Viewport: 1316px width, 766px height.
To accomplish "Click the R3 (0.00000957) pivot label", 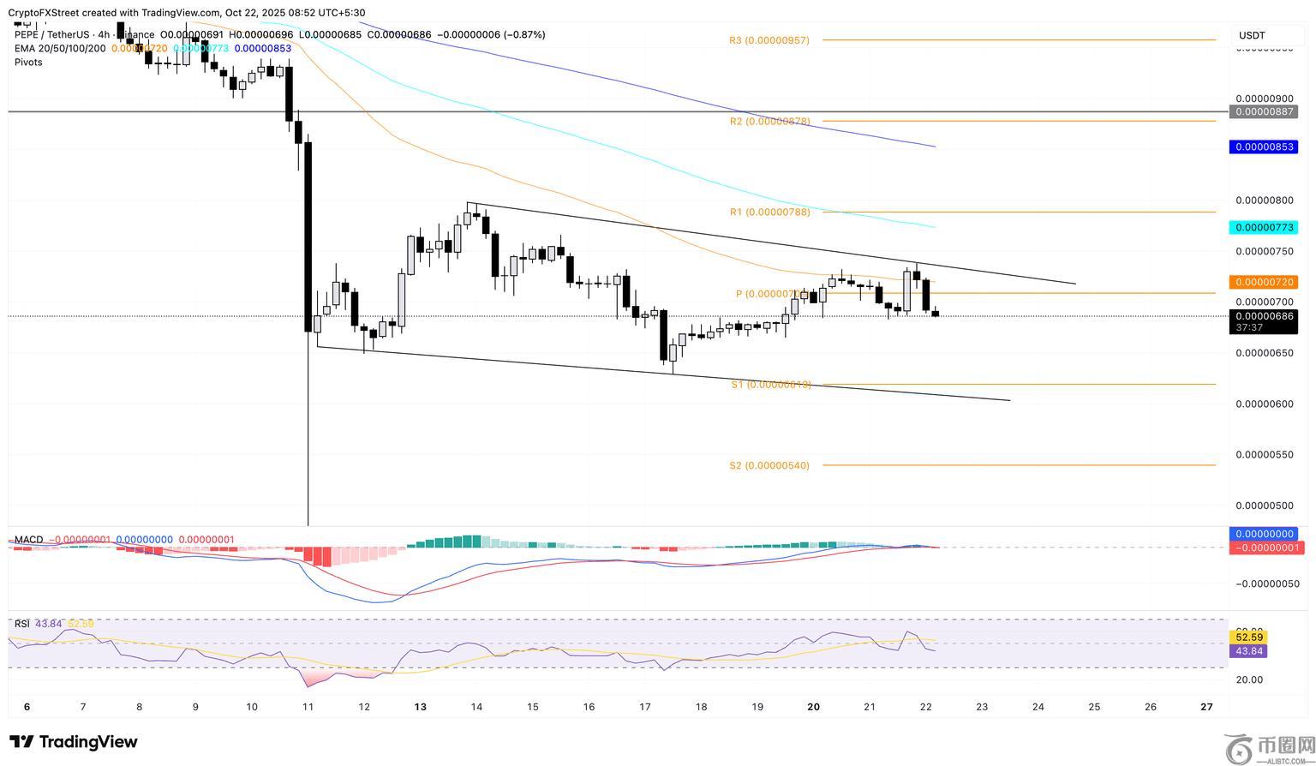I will pos(769,40).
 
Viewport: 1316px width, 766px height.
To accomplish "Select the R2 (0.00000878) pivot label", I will pos(769,122).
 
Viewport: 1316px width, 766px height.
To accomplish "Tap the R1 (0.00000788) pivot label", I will pos(769,212).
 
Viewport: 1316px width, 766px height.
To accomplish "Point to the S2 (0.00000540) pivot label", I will pos(769,466).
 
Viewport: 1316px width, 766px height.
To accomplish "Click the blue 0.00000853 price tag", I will pos(1263,147).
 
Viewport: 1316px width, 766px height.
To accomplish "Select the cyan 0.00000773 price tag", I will pos(1263,228).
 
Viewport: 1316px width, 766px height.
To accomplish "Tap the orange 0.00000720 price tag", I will pos(1263,282).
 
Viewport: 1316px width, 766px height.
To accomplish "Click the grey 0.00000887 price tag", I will pos(1263,112).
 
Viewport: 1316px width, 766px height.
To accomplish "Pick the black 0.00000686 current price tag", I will pos(1263,316).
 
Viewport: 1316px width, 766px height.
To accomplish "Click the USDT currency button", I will pos(1252,36).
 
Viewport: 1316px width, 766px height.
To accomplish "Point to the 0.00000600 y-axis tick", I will pos(1264,404).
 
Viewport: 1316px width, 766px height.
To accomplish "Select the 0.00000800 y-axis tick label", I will pos(1264,200).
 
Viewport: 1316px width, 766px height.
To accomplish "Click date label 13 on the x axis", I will pos(420,707).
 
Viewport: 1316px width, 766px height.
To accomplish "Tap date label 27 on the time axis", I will pos(1206,707).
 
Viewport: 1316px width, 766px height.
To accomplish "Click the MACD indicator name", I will pos(28,540).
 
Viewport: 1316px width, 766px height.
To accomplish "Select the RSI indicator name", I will pos(22,624).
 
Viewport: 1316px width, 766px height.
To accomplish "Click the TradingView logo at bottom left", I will pos(74,742).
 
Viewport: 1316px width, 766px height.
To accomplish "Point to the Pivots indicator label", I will pos(28,63).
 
